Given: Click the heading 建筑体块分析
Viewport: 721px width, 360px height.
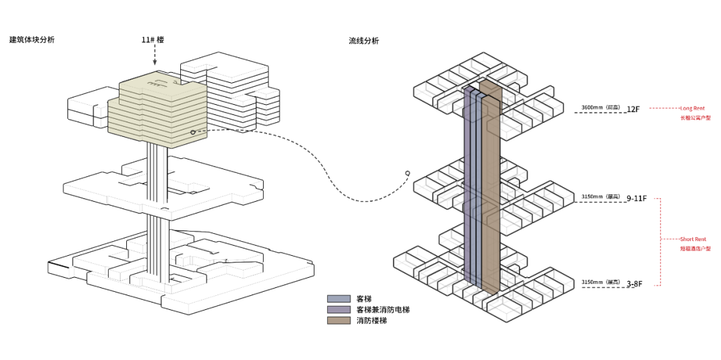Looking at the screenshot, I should pyautogui.click(x=32, y=39).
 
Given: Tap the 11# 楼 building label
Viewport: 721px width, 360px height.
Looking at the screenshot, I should pyautogui.click(x=152, y=40).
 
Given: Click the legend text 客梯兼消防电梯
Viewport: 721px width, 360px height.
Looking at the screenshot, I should pyautogui.click(x=383, y=309).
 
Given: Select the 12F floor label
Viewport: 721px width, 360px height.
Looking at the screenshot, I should pyautogui.click(x=634, y=109).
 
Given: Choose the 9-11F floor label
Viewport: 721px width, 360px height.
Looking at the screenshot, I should pyautogui.click(x=637, y=198).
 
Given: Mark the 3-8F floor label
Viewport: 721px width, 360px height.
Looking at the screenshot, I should pyautogui.click(x=634, y=284).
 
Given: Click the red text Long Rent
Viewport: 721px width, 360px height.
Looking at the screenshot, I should pyautogui.click(x=692, y=108).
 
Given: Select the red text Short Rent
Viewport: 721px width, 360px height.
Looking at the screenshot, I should pyautogui.click(x=693, y=239).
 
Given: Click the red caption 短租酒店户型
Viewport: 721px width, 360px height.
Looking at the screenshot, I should pyautogui.click(x=695, y=248).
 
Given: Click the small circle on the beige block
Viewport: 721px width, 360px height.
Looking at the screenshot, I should pyautogui.click(x=193, y=132).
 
